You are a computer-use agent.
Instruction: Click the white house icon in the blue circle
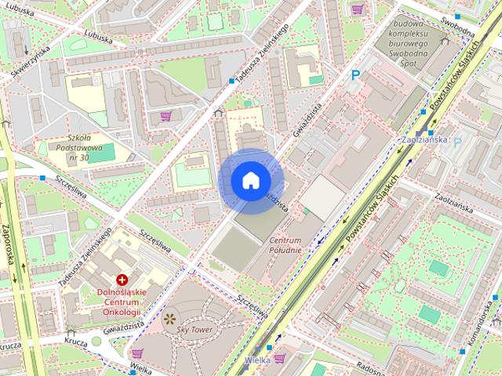click(250, 181)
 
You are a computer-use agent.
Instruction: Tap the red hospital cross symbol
click(122, 280)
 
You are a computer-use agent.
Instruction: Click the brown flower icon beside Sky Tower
click(169, 318)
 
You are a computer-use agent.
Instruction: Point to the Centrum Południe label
click(286, 244)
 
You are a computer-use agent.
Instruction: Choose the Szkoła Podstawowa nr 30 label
click(78, 147)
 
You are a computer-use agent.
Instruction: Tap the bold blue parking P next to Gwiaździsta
click(356, 75)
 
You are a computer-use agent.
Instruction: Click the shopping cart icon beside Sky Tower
click(138, 354)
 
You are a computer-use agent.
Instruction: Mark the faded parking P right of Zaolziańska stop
click(458, 143)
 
